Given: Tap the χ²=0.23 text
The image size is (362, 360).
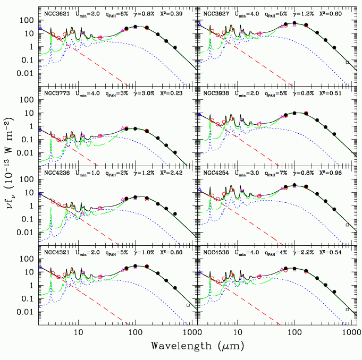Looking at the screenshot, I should pyautogui.click(x=180, y=93).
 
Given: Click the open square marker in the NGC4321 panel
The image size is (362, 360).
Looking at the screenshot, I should pyautogui.click(x=188, y=305).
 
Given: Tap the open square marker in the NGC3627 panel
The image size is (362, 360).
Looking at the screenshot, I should pyautogui.click(x=347, y=62).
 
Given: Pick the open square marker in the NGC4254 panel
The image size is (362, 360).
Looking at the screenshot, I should pyautogui.click(x=347, y=225).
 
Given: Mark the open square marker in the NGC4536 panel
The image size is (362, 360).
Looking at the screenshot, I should pyautogui.click(x=347, y=309).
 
